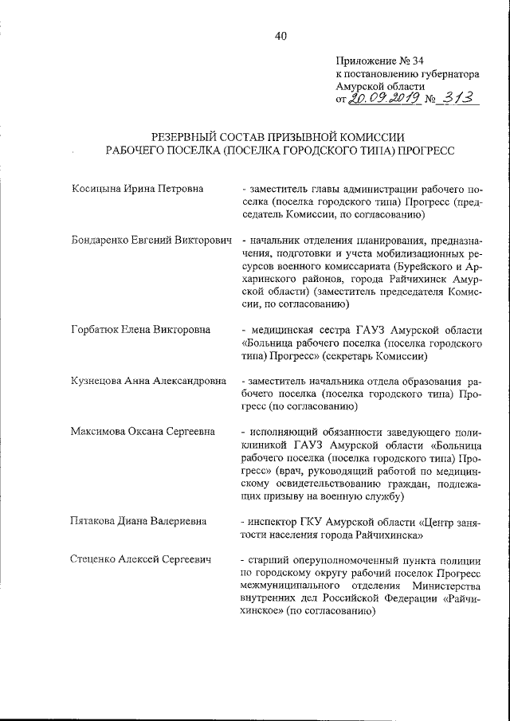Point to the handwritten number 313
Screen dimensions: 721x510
[453, 98]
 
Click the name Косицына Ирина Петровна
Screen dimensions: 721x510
[136, 189]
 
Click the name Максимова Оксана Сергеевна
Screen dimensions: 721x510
[143, 432]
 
